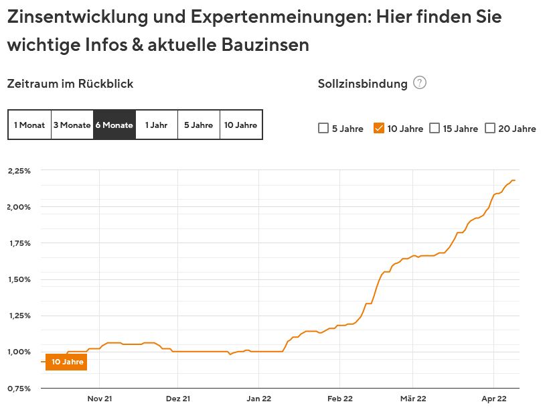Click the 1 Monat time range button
[29, 125]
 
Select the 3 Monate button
[72, 125]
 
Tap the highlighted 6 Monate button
[114, 125]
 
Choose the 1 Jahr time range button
[156, 125]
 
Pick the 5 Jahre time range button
[198, 125]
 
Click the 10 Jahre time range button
[240, 125]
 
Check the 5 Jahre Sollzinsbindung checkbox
[323, 129]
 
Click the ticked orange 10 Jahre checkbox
[379, 129]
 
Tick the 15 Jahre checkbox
[435, 129]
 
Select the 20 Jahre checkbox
[490, 129]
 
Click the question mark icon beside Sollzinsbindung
[420, 83]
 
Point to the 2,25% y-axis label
[19, 171]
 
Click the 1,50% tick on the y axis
[19, 279]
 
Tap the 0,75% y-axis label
[19, 389]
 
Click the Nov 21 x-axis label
[98, 399]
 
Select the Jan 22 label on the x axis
[258, 399]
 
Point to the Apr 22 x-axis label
[493, 399]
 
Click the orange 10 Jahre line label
[67, 362]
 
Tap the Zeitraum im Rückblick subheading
[70, 84]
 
